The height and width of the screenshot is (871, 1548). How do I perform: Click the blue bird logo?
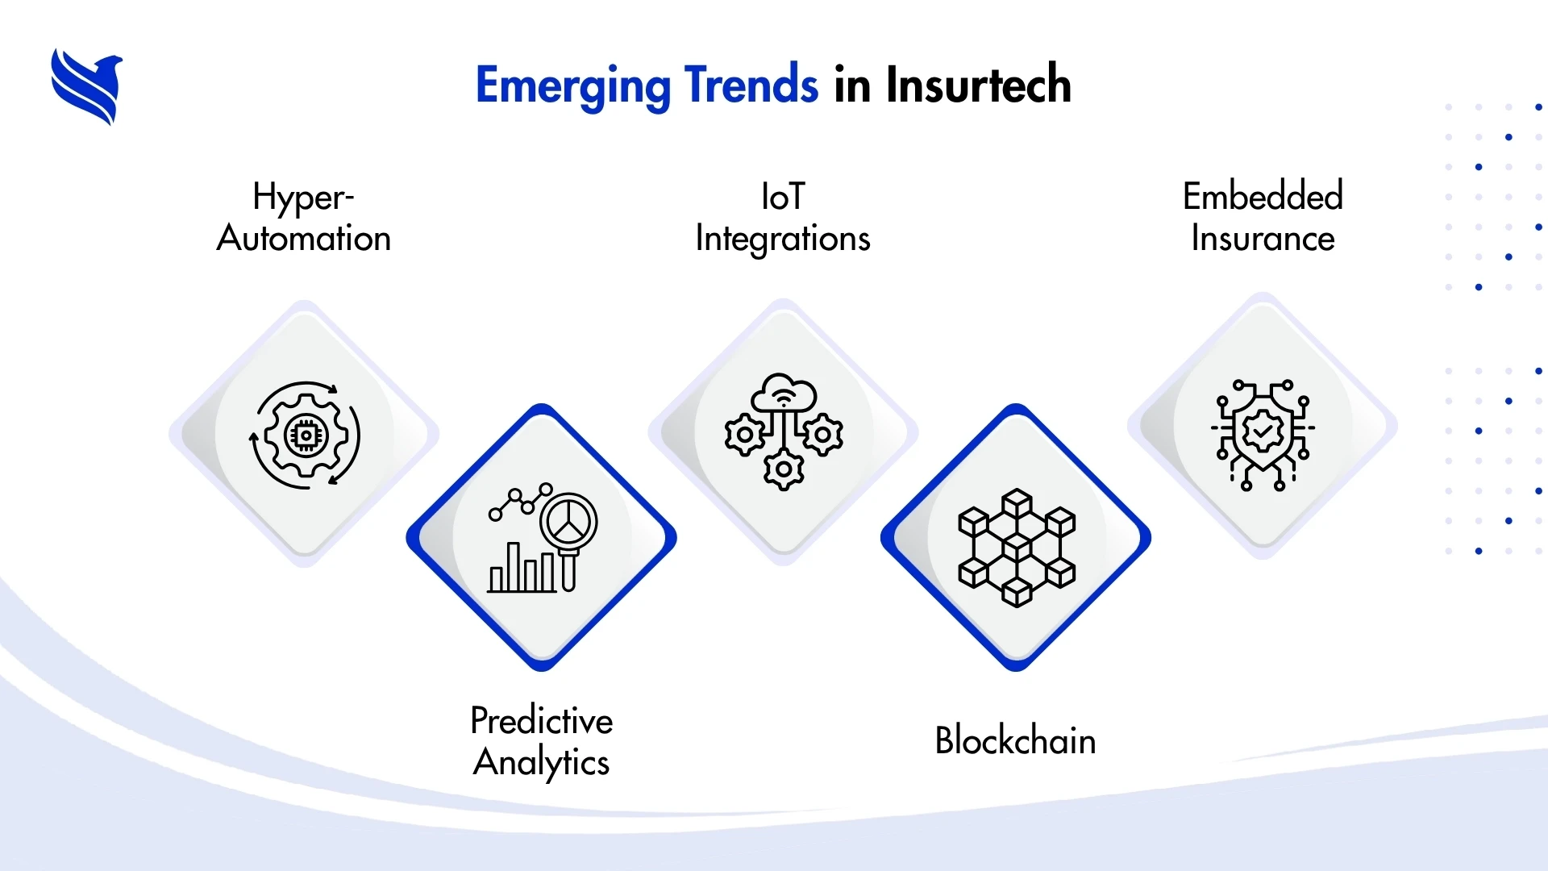(x=86, y=86)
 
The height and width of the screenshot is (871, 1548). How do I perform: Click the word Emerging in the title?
(x=572, y=85)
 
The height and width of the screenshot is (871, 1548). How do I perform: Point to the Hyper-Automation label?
(x=304, y=217)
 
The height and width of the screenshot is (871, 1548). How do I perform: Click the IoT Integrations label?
(x=783, y=218)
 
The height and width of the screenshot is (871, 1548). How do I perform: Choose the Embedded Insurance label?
(x=1263, y=217)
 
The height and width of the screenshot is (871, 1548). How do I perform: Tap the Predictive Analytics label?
(x=542, y=741)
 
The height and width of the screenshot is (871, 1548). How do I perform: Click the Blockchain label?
(x=1015, y=740)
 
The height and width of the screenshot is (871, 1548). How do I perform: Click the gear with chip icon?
(x=305, y=435)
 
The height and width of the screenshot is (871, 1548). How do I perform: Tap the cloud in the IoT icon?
(x=784, y=393)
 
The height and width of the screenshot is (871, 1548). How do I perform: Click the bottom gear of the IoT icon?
(x=784, y=469)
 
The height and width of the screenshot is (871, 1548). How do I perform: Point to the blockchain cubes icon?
(x=1016, y=548)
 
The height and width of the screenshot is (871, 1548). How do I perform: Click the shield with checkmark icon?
(x=1263, y=434)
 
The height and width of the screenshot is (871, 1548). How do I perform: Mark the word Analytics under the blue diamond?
(x=542, y=763)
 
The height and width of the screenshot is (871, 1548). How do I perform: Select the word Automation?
(x=304, y=239)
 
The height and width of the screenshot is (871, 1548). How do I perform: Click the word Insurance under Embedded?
(x=1263, y=239)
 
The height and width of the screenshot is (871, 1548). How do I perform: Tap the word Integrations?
(x=783, y=240)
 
